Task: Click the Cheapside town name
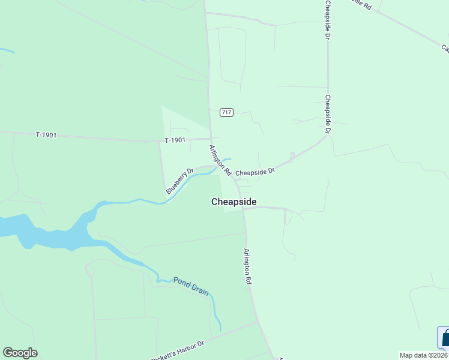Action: tap(234, 202)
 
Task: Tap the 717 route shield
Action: tap(226, 112)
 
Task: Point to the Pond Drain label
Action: tap(191, 286)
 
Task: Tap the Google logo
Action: tap(20, 353)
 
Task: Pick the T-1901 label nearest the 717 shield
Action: tap(175, 140)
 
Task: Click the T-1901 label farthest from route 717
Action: tap(46, 135)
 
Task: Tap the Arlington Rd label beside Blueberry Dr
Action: tap(220, 160)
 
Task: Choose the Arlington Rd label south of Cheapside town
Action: tap(247, 266)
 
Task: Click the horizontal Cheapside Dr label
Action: tap(255, 172)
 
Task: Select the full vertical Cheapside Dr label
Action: tap(328, 114)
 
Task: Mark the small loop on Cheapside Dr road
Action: tap(292, 157)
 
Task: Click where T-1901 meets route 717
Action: tap(211, 139)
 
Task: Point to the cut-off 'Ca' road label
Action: tap(445, 48)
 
